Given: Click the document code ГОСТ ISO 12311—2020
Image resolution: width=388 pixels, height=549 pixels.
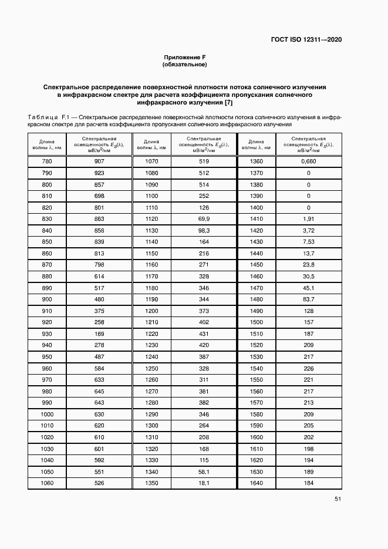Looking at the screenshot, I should [x=306, y=40].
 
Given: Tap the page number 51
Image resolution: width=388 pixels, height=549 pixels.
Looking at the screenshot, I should [x=338, y=499].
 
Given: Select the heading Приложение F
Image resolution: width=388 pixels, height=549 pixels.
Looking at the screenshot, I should [x=185, y=57].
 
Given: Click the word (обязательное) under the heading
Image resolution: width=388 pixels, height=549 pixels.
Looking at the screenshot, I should [x=185, y=64].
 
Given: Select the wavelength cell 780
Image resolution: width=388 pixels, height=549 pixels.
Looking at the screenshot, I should [x=46, y=161].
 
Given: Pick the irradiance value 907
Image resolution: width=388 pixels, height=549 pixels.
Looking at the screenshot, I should [x=99, y=161].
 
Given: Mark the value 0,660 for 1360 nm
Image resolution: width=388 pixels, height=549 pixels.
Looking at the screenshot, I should [x=309, y=161].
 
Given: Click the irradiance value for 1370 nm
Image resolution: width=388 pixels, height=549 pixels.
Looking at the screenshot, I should [x=309, y=173].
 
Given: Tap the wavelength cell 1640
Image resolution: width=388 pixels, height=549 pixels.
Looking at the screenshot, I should [x=256, y=483].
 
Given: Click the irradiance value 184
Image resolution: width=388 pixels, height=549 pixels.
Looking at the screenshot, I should [x=309, y=483].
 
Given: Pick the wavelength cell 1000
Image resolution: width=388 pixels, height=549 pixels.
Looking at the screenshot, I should [x=46, y=414].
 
